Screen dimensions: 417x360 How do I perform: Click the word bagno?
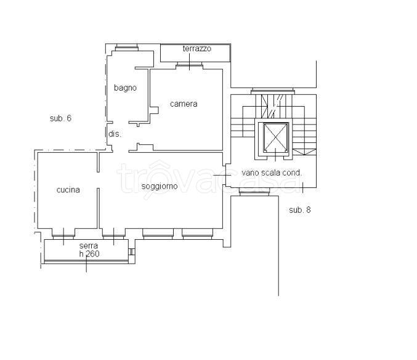click(x=125, y=88)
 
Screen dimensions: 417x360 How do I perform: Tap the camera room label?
click(x=184, y=104)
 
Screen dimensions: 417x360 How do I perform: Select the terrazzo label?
click(x=197, y=49)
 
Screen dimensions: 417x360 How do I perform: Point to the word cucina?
click(x=68, y=190)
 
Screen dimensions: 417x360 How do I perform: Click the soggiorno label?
click(x=160, y=186)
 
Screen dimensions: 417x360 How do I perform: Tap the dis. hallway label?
click(x=115, y=134)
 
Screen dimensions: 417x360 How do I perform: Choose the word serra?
click(x=89, y=245)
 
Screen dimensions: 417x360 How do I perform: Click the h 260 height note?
click(x=89, y=254)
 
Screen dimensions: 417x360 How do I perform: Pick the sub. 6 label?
click(x=60, y=118)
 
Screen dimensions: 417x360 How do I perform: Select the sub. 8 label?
click(x=300, y=210)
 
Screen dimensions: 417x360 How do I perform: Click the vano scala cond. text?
click(x=272, y=173)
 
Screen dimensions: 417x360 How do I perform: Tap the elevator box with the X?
click(x=275, y=137)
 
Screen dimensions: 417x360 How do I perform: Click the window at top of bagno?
click(x=127, y=47)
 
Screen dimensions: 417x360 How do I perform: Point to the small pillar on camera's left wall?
click(x=154, y=110)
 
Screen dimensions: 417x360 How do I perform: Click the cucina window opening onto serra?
click(x=63, y=234)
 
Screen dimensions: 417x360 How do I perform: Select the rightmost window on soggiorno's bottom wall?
click(x=197, y=234)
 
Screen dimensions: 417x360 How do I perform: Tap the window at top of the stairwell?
click(x=273, y=91)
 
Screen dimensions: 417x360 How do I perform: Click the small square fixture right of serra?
click(x=132, y=252)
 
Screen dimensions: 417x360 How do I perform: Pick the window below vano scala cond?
click(x=254, y=192)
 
